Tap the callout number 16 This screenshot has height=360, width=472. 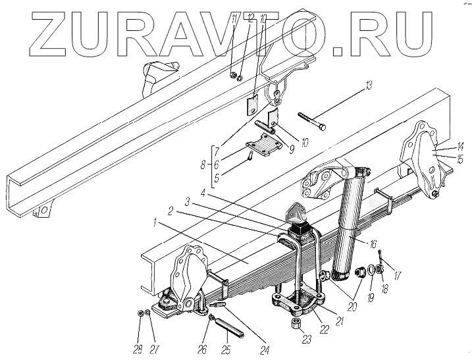pyautogui.click(x=374, y=243)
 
